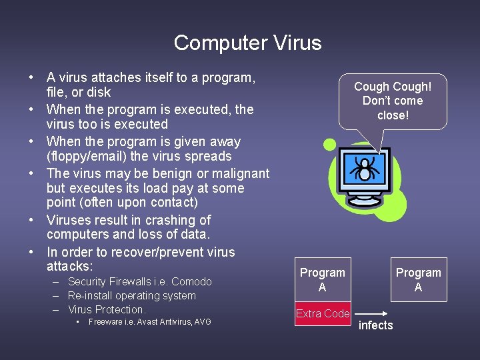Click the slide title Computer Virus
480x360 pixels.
(247, 43)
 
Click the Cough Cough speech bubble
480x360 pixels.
(393, 101)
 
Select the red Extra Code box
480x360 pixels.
(323, 313)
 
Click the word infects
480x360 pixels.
(376, 325)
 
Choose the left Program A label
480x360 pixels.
(323, 280)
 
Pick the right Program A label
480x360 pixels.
(418, 280)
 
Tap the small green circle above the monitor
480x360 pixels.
(329, 144)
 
